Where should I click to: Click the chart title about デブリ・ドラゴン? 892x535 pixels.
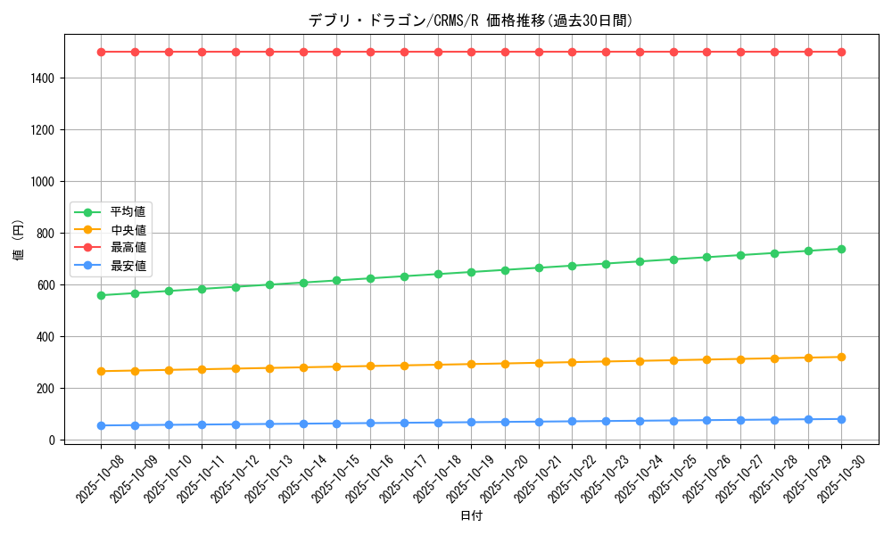click(471, 21)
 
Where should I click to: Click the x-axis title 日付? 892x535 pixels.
click(471, 516)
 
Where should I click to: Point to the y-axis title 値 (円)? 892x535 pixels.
click(19, 241)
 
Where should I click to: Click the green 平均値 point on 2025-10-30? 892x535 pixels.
click(841, 249)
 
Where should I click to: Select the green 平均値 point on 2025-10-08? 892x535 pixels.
click(101, 295)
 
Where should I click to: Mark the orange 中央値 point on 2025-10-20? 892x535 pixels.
click(505, 364)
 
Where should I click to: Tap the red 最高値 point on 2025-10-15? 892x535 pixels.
click(336, 52)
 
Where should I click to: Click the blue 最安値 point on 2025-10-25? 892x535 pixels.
click(673, 421)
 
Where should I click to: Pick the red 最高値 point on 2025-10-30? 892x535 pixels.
click(841, 52)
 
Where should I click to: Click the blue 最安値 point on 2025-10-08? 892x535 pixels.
click(101, 425)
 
